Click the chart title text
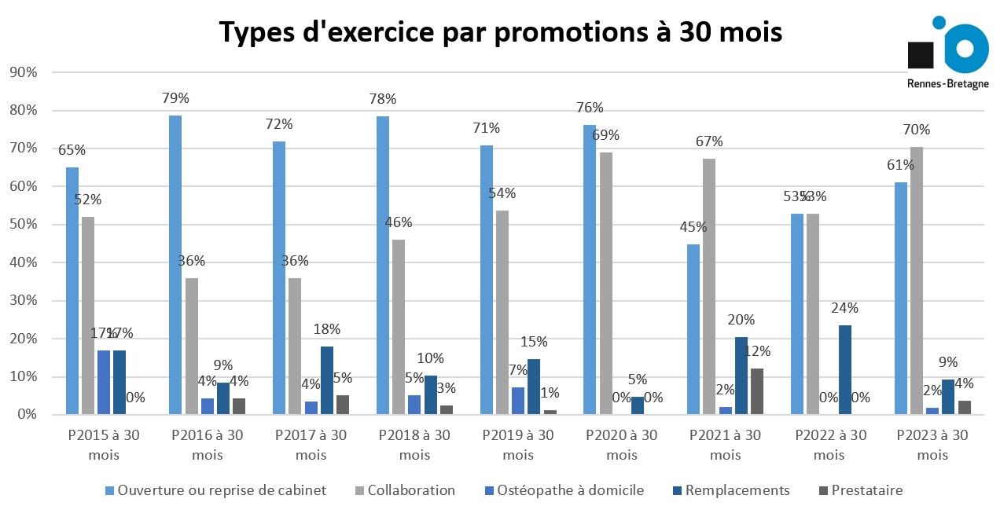500,33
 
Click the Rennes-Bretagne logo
948,53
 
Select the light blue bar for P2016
175,264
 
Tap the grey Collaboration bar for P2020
606,283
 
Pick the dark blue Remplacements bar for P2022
845,369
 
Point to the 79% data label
175,98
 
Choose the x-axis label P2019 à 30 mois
518,445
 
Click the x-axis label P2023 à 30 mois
932,445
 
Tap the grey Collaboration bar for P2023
917,280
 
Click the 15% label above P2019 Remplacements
534,342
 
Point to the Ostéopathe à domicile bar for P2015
104,382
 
